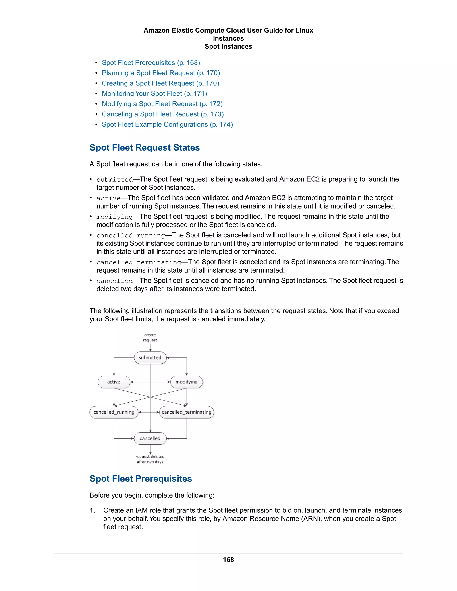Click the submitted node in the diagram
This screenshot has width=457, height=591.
click(150, 358)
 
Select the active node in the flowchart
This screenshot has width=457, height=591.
click(114, 382)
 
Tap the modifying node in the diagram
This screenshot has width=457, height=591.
click(186, 382)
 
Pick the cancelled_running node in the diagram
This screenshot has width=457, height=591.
click(114, 412)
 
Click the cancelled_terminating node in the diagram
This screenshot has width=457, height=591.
click(186, 412)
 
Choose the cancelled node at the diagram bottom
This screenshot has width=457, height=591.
click(150, 438)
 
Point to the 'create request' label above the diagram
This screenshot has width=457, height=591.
click(150, 337)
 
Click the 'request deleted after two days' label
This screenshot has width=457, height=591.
click(150, 459)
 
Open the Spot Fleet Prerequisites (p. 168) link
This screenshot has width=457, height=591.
click(151, 63)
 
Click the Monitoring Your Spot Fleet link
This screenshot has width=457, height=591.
click(154, 94)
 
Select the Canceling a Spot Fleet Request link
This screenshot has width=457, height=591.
click(163, 114)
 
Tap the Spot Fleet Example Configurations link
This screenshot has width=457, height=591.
click(167, 124)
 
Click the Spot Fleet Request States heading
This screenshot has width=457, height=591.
click(145, 147)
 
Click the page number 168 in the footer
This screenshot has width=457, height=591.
click(228, 560)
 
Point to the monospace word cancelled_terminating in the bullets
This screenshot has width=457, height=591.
click(139, 262)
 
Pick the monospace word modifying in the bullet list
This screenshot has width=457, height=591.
click(114, 217)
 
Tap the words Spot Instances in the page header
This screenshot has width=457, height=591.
click(228, 47)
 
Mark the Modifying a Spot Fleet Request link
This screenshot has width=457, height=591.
click(162, 104)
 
